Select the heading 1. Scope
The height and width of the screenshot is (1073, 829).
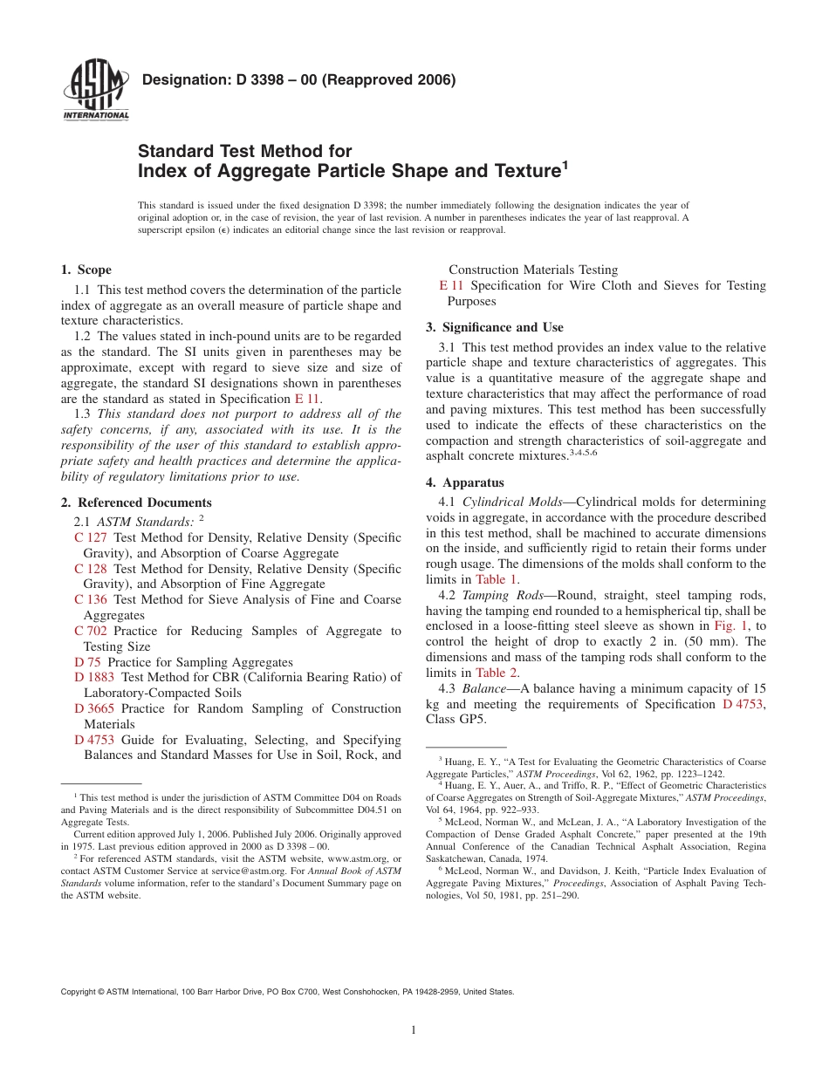point(86,270)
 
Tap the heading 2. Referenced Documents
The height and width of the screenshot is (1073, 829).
point(136,502)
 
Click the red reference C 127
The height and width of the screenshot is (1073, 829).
point(91,537)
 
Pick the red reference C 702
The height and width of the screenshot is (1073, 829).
point(91,631)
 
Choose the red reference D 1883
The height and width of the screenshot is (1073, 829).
point(94,677)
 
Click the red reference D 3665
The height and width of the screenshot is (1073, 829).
point(94,708)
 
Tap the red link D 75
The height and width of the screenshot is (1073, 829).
point(87,662)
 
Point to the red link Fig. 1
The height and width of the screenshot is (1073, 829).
point(725,625)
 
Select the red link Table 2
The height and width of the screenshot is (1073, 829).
point(497,673)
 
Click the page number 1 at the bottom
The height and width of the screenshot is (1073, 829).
point(414,1030)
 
